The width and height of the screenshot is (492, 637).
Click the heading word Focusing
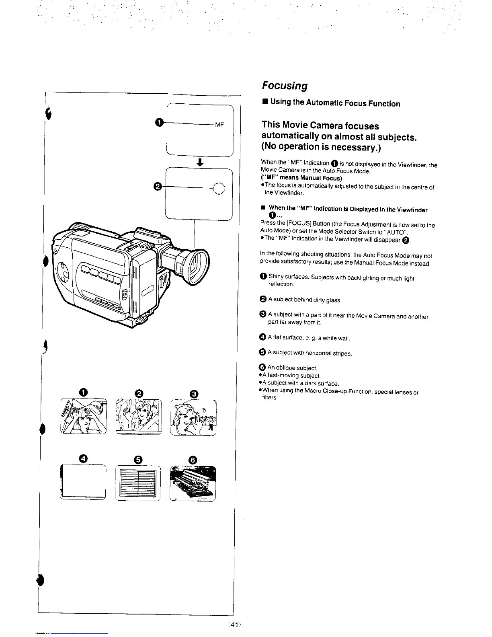point(285,86)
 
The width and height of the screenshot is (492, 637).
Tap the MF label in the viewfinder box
point(219,125)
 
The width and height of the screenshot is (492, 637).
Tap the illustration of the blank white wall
point(83,482)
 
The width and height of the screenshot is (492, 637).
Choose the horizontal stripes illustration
point(138,483)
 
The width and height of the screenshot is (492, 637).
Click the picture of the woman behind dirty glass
point(138,417)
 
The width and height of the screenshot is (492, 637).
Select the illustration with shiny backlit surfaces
point(84,416)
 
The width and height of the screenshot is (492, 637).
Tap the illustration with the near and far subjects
point(193,417)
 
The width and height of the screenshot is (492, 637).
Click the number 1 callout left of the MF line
point(160,123)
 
